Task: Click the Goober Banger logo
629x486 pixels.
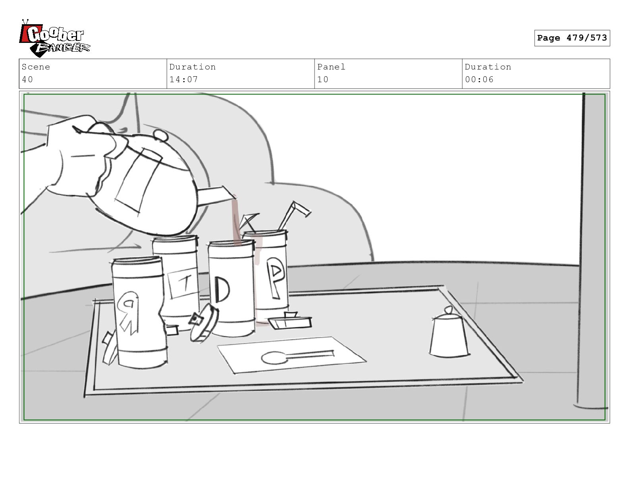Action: point(54,38)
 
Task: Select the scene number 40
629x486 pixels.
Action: point(27,79)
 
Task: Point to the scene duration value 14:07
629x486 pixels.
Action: point(183,79)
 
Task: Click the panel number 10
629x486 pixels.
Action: point(323,79)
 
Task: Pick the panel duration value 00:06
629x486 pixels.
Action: point(479,79)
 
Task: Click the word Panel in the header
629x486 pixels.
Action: point(331,67)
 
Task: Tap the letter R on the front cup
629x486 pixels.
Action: point(128,312)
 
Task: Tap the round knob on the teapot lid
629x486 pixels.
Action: point(161,135)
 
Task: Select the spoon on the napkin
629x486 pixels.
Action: point(297,356)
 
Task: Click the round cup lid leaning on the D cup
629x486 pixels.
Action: point(204,323)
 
